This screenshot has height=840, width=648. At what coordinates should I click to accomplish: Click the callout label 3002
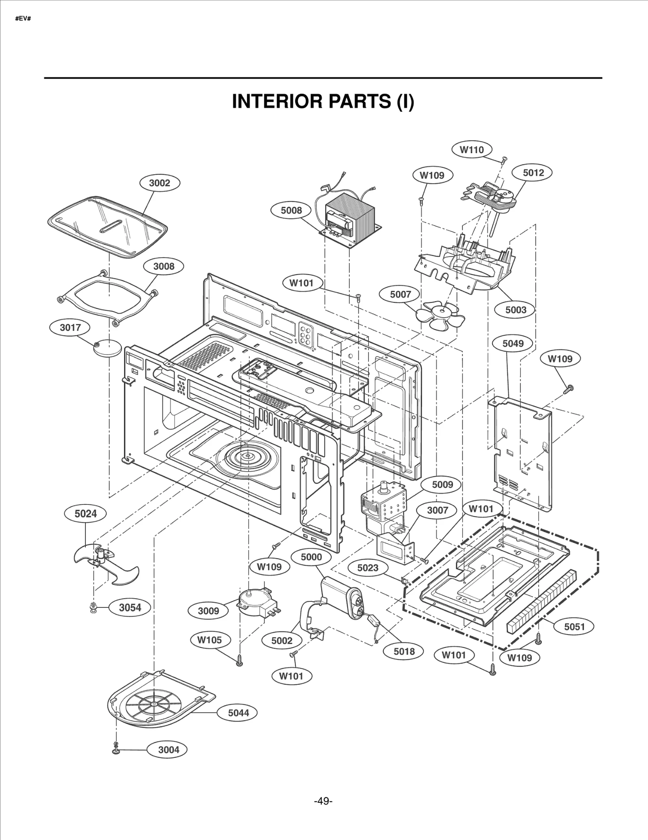pyautogui.click(x=160, y=183)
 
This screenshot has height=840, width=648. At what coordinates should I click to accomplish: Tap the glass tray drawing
pyautogui.click(x=107, y=226)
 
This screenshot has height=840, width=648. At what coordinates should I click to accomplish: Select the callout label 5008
pyautogui.click(x=291, y=210)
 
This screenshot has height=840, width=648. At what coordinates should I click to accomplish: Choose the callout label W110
pyautogui.click(x=471, y=150)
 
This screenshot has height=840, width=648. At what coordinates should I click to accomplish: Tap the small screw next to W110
pyautogui.click(x=503, y=160)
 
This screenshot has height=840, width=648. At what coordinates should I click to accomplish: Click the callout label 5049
pyautogui.click(x=513, y=343)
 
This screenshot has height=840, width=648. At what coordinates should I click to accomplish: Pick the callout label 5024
pyautogui.click(x=85, y=513)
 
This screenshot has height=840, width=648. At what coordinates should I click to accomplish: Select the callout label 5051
pyautogui.click(x=574, y=626)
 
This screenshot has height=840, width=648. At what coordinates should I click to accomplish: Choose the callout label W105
pyautogui.click(x=209, y=640)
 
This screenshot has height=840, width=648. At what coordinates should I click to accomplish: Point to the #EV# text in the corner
pyautogui.click(x=23, y=19)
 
